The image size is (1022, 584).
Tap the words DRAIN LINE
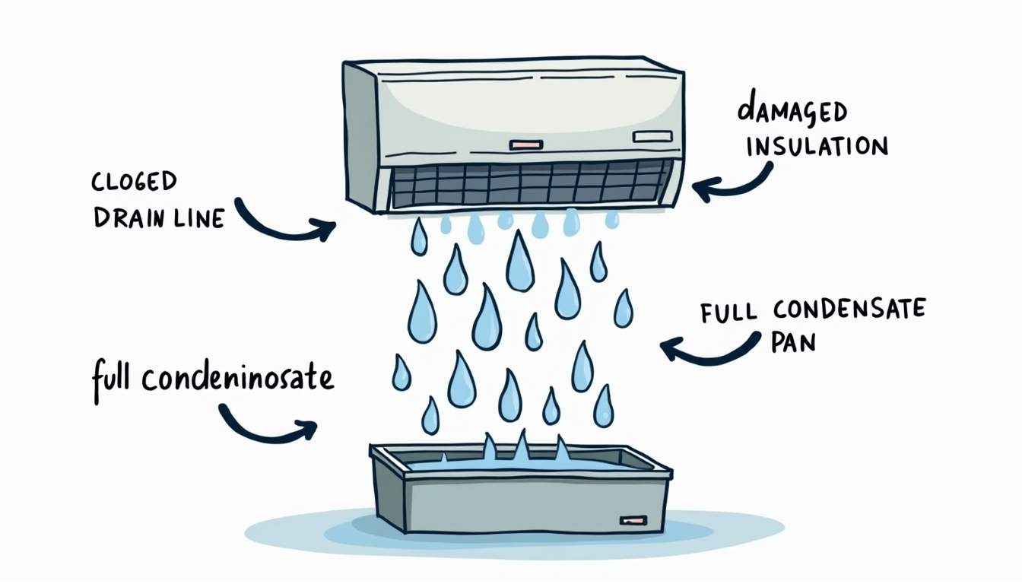pos(159,218)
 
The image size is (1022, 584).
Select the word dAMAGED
pos(792,112)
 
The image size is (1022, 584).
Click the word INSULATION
pos(817,146)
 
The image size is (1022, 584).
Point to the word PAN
pos(792,342)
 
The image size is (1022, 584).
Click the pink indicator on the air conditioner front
pos(526,144)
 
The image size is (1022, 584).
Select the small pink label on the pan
pos(633,520)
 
